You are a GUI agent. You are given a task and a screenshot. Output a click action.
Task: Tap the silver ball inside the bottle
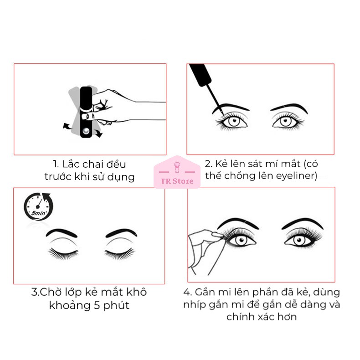86,131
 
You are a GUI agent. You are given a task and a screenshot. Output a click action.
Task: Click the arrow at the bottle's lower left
67,126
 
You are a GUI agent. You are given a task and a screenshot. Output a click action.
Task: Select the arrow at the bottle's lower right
99,133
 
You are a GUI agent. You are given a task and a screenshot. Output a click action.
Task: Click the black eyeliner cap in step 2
200,74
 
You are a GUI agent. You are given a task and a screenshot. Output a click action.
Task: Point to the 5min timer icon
38,206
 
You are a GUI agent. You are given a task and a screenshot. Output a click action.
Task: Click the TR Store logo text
177,181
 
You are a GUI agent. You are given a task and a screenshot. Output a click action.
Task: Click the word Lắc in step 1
70,164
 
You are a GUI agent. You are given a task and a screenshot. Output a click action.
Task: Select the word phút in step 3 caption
116,306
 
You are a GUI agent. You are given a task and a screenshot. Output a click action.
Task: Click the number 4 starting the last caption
187,292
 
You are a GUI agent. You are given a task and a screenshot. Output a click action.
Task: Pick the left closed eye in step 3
63,252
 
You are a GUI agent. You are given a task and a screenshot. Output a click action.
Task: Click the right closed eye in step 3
119,253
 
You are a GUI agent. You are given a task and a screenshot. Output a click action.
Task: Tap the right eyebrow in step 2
289,108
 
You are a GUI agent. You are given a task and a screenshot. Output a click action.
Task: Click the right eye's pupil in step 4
299,240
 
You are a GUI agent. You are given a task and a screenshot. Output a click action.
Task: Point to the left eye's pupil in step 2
234,120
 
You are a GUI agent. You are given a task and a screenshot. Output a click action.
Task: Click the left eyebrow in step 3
62,233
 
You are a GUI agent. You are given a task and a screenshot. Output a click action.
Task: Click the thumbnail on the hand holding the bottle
85,116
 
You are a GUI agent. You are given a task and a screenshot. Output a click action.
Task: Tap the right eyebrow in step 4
303,223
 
